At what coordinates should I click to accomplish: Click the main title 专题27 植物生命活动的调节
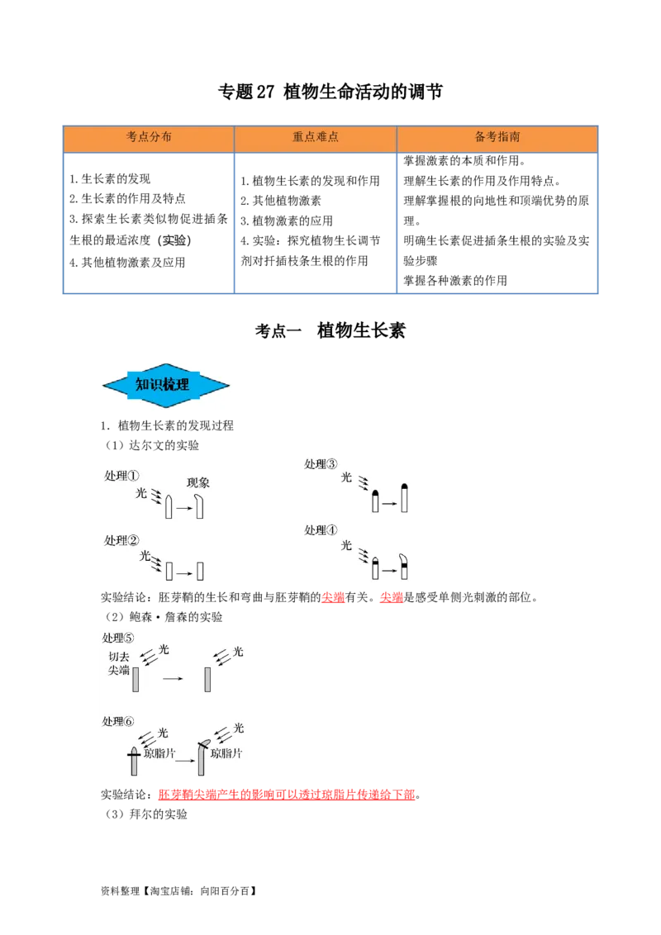tap(330, 92)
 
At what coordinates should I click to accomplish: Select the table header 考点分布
tap(149, 136)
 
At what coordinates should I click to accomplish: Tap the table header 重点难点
tap(315, 136)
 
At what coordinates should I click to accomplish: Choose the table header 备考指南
tap(497, 136)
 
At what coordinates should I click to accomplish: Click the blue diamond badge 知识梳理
tap(166, 385)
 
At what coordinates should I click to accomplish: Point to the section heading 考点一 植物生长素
tap(330, 330)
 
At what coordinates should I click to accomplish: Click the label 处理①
tap(121, 475)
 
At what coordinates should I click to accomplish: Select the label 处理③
tap(321, 464)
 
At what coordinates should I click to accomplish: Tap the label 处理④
tap(321, 530)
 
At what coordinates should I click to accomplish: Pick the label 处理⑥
tap(118, 722)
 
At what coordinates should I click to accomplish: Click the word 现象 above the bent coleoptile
tap(198, 482)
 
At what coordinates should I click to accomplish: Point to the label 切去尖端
tap(119, 663)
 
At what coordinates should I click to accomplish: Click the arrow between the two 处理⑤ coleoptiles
tap(173, 679)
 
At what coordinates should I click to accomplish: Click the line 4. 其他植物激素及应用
tap(127, 263)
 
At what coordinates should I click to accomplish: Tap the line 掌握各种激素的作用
tap(455, 280)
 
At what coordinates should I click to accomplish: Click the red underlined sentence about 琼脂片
tap(287, 795)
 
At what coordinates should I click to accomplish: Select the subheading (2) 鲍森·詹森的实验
tap(164, 616)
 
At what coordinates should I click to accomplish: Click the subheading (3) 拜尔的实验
tap(146, 814)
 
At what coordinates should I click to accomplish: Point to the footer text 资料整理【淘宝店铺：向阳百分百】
tap(179, 891)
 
